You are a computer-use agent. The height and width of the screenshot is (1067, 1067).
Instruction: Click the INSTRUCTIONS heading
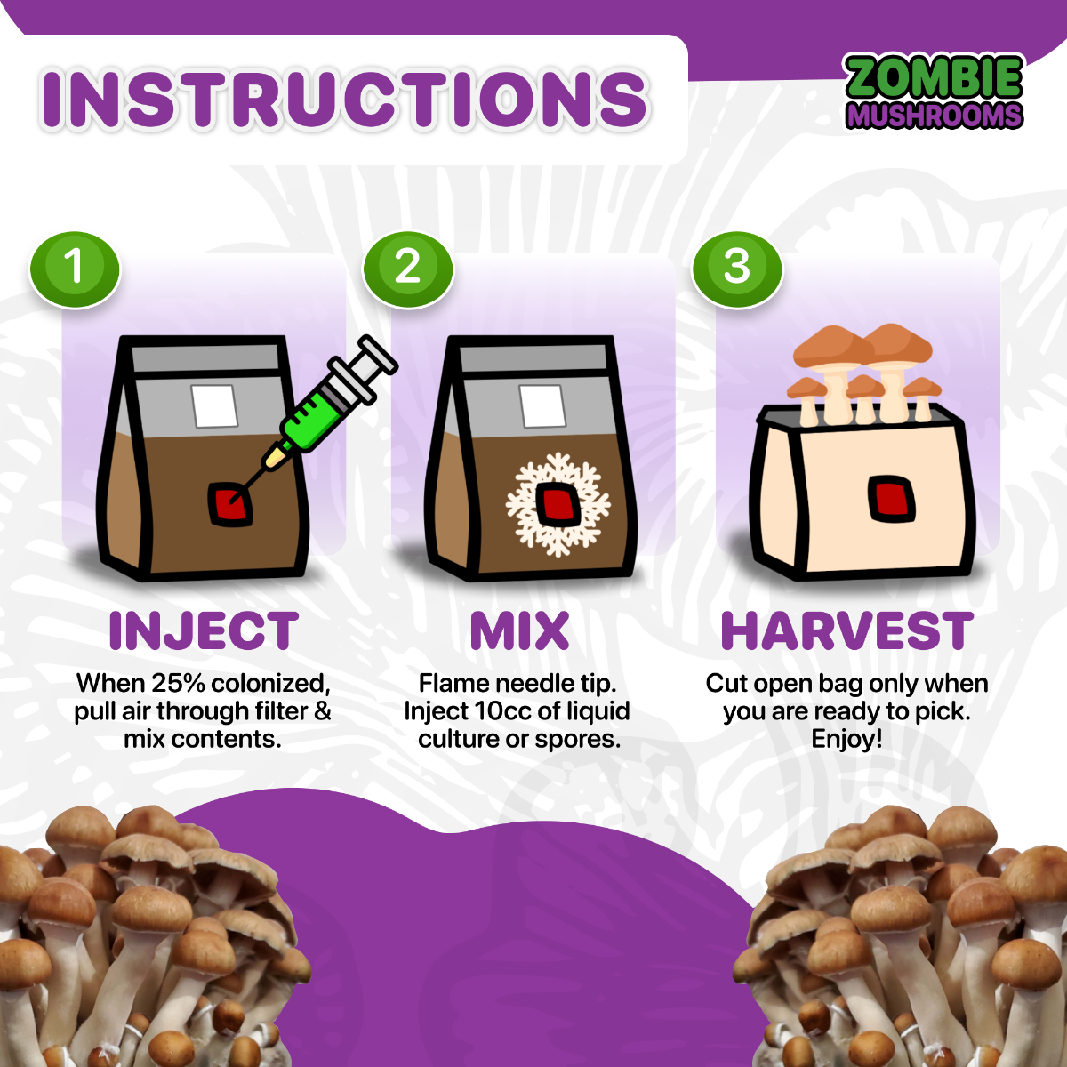345,99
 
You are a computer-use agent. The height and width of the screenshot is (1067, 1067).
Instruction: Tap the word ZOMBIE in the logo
934,77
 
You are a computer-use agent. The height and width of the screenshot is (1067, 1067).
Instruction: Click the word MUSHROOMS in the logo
934,116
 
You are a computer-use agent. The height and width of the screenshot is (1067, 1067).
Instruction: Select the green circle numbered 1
75,267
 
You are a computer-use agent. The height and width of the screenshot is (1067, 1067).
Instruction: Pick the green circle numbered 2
407,267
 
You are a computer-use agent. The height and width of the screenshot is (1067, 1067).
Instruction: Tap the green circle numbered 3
737,267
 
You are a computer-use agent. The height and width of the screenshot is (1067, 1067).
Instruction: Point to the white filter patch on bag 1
215,406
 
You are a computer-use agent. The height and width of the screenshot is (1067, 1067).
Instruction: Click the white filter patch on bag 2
542,406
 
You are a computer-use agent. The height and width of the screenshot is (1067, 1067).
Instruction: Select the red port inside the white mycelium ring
558,504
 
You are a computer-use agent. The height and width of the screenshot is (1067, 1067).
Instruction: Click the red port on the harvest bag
891,498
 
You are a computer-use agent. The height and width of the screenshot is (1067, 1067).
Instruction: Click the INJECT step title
203,631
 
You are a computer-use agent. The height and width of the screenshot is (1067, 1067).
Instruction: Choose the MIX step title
519,631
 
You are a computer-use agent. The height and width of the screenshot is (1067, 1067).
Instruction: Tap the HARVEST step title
846,631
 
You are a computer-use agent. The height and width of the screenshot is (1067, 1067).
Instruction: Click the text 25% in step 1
181,683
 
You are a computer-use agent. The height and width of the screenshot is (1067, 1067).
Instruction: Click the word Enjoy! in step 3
846,739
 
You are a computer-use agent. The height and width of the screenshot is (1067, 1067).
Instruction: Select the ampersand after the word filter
322,711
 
